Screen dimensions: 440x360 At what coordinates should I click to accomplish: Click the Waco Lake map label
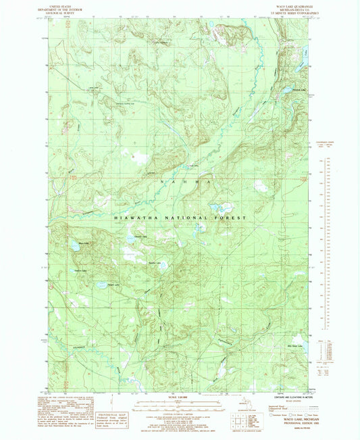(x=84, y=243)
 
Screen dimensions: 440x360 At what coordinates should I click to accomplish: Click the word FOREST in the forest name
(x=232, y=218)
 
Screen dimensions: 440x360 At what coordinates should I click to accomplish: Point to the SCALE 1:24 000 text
(x=180, y=397)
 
